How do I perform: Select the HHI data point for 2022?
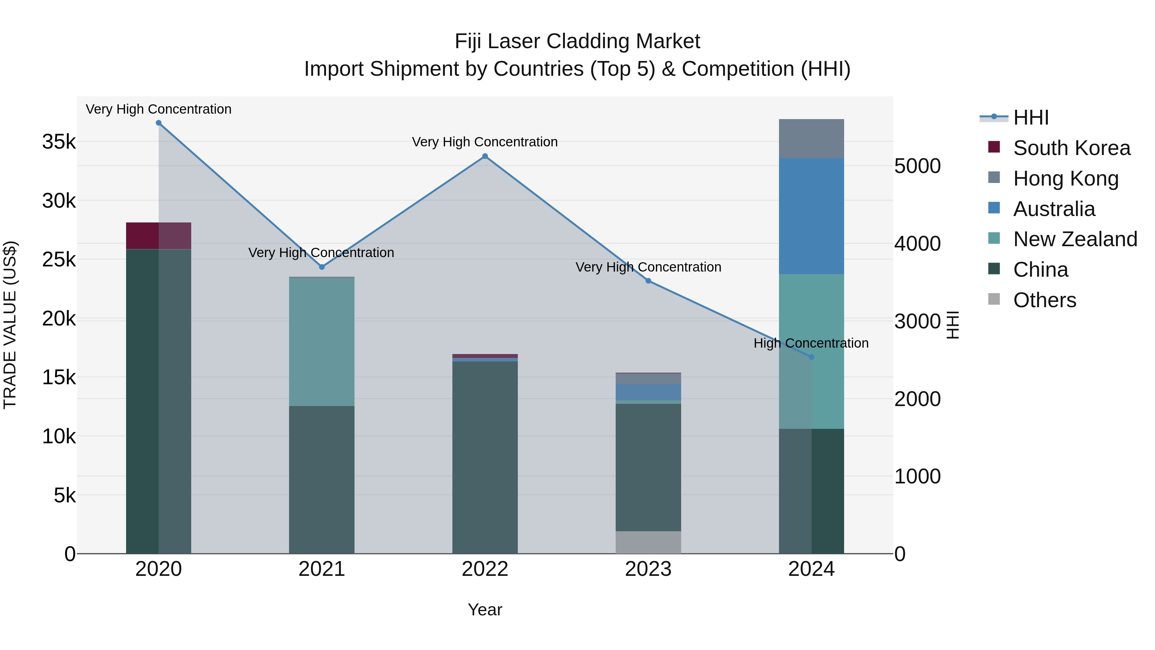click(x=485, y=156)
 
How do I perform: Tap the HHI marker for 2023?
click(x=648, y=281)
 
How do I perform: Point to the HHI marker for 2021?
click(x=321, y=267)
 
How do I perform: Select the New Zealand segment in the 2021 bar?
click(x=321, y=342)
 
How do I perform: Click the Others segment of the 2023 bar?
click(x=648, y=542)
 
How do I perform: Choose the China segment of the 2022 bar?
click(x=485, y=457)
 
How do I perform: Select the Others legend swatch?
click(x=994, y=299)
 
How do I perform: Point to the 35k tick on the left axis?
click(x=59, y=142)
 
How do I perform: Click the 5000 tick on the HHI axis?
click(x=917, y=166)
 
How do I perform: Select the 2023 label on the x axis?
click(x=648, y=569)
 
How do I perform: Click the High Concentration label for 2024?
click(x=811, y=343)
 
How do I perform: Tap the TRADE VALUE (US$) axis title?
click(x=10, y=325)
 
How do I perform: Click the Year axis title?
click(x=485, y=610)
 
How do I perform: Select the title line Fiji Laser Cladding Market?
click(x=577, y=41)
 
